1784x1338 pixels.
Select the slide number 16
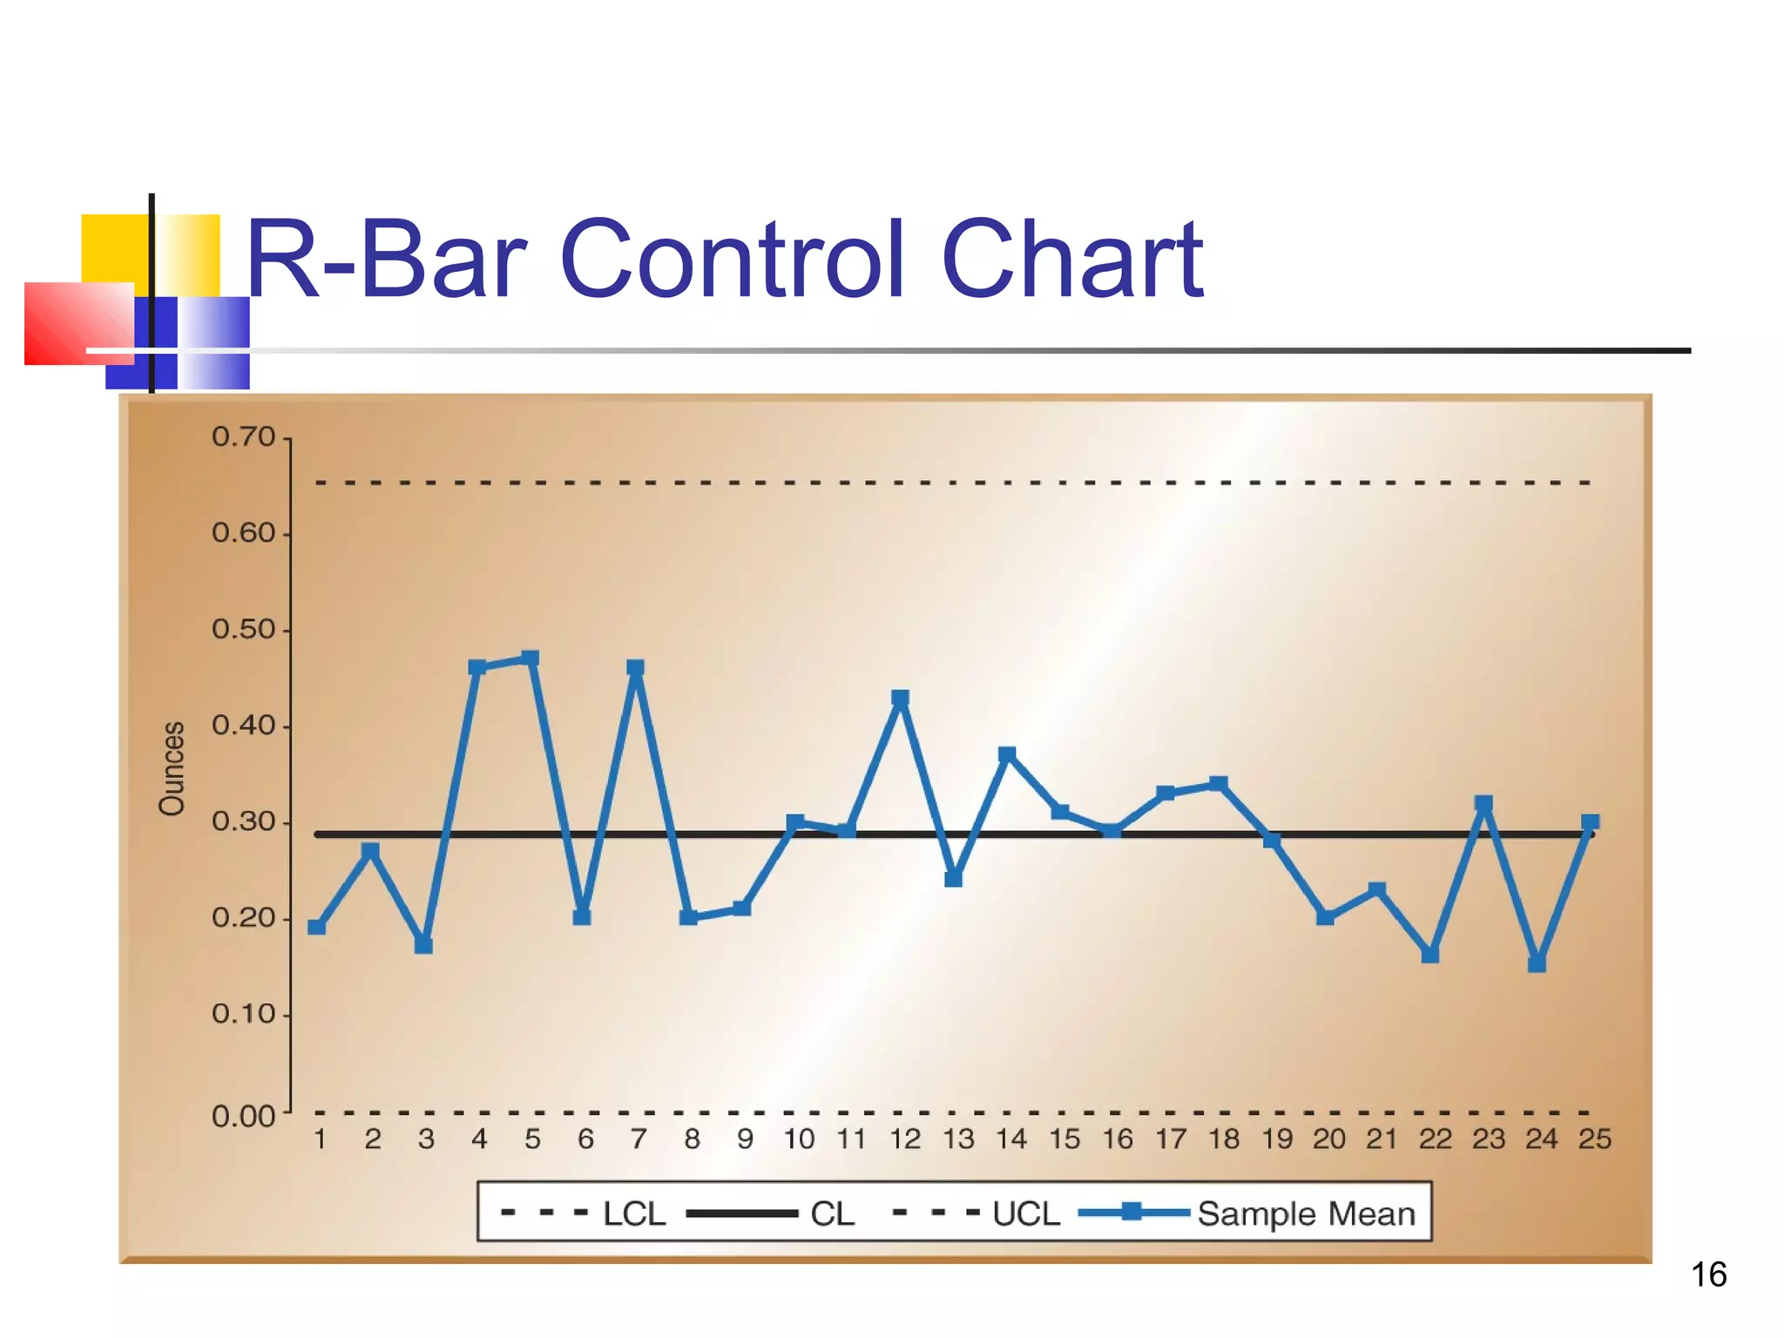click(1708, 1274)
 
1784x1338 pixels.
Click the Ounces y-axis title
click(172, 767)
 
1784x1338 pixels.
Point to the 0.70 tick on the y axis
click(243, 436)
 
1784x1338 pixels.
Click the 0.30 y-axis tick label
click(243, 821)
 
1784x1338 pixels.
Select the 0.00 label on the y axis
click(243, 1116)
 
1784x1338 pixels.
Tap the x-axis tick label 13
click(958, 1139)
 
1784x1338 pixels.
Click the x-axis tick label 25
click(1594, 1139)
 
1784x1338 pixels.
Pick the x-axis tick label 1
click(320, 1139)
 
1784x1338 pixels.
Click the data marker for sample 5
click(530, 658)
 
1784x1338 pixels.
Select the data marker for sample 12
click(901, 698)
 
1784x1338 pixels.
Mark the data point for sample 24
click(1537, 963)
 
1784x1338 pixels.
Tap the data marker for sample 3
click(424, 945)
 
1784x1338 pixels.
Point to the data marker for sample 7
click(635, 667)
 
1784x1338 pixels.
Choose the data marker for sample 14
click(1007, 753)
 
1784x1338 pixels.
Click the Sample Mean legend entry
click(1305, 1213)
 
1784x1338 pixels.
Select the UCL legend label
click(1025, 1213)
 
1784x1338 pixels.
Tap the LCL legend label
click(633, 1213)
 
